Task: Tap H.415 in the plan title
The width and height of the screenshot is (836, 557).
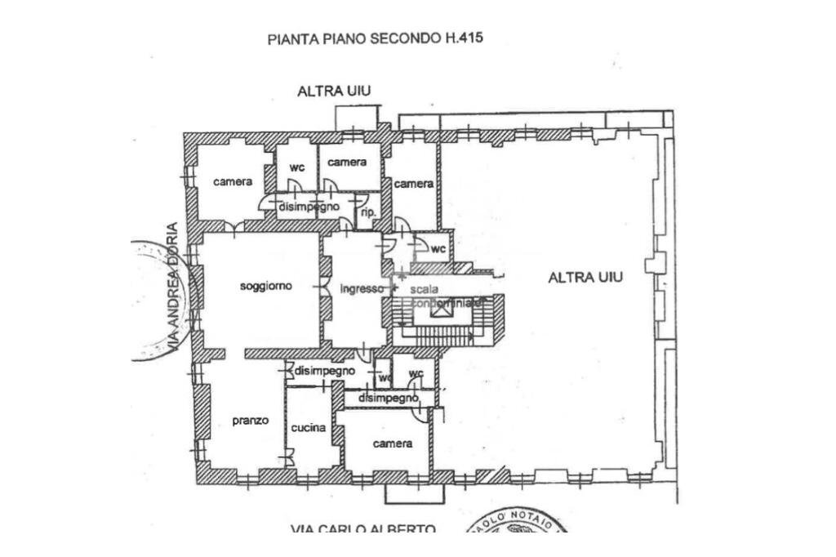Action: pos(465,38)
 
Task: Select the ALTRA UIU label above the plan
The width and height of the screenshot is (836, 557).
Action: pos(334,91)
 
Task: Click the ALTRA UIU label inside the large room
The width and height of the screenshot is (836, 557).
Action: pos(585,278)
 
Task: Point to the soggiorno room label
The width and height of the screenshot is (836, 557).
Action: pos(265,287)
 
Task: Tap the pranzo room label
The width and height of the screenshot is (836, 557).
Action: pos(250,421)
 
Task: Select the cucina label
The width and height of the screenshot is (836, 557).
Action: pos(309,428)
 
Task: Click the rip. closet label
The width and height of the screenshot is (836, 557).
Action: pos(367,212)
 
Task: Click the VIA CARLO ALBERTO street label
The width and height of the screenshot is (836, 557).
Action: pos(363,529)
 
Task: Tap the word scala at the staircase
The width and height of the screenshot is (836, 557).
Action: pos(425,289)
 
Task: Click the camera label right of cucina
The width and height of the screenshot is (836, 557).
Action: pos(393,443)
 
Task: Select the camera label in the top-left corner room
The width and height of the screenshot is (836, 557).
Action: pos(233,181)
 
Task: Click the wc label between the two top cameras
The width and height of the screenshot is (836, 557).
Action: pos(297,167)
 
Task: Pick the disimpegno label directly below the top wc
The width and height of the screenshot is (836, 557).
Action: pos(309,207)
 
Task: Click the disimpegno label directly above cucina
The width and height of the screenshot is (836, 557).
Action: pos(325,371)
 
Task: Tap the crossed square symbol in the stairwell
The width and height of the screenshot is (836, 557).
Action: pos(442,308)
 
